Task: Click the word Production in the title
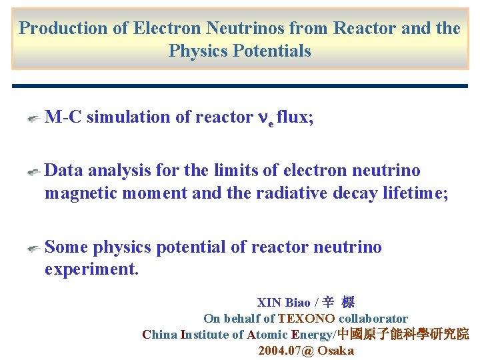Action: (63, 29)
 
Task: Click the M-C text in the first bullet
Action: (63, 117)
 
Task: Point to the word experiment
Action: (91, 270)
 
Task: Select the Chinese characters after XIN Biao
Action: (338, 303)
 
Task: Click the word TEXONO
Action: (306, 319)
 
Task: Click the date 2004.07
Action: (280, 351)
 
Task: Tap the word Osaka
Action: (335, 351)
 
